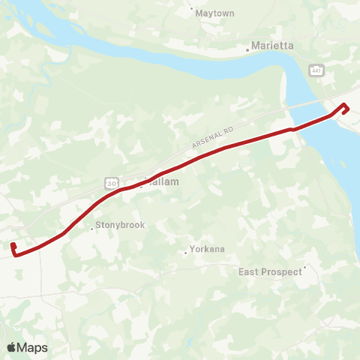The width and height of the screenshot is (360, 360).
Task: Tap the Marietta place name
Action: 274,46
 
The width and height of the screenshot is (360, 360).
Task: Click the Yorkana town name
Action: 208,249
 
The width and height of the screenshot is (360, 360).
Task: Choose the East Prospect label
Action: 270,271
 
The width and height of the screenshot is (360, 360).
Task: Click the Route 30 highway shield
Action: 110,183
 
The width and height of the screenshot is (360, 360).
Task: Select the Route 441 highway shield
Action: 315,69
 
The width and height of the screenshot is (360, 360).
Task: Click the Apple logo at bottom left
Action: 12,347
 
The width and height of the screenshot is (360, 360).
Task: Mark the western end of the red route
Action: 13,246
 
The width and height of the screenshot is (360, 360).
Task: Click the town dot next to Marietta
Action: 247,50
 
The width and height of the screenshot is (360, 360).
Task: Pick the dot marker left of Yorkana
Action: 186,253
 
